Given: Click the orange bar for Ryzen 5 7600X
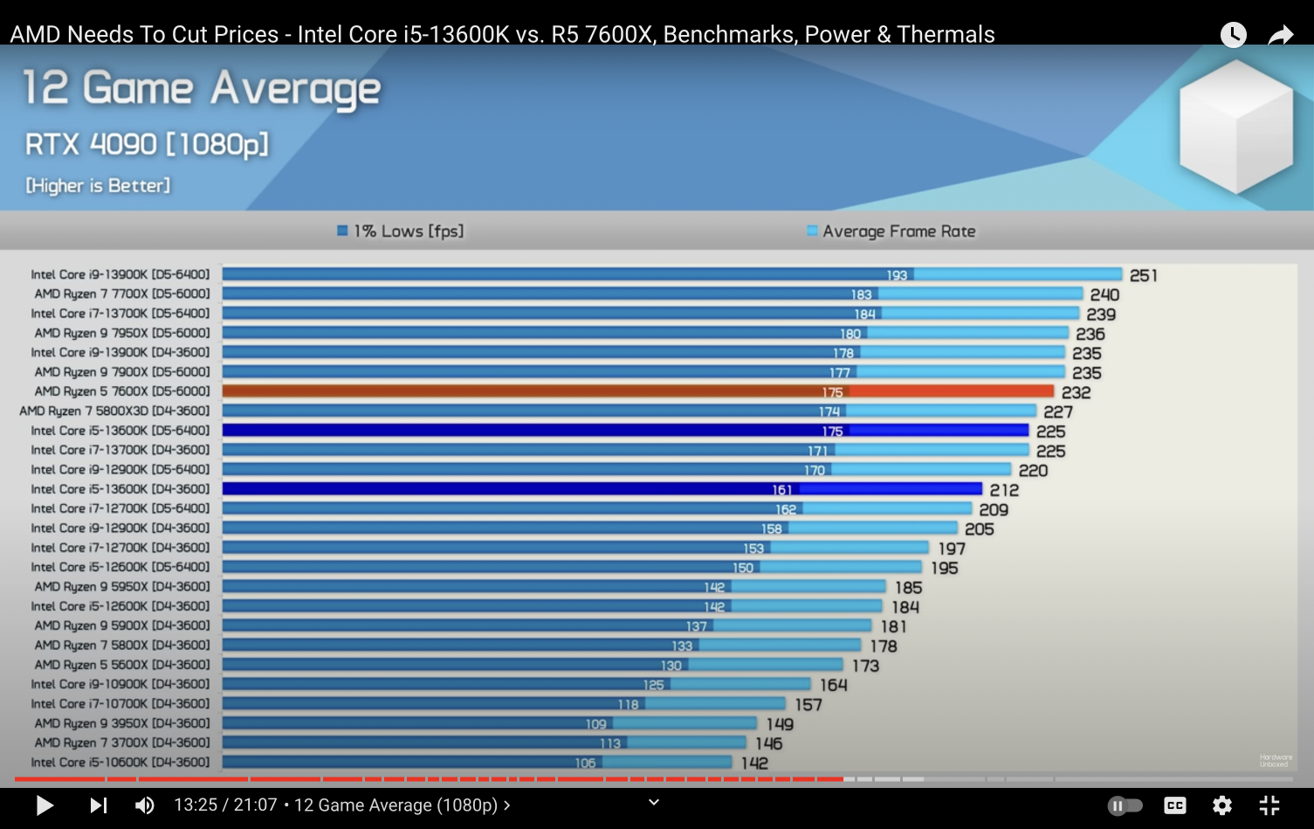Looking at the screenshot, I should (x=637, y=391).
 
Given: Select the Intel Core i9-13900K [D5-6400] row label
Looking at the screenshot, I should (x=120, y=274).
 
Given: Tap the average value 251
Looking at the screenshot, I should (x=1143, y=275).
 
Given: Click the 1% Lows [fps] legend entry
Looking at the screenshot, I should (x=401, y=231).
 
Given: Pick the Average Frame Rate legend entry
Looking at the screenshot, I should (x=891, y=231).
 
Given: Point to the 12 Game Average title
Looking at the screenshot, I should (x=202, y=89).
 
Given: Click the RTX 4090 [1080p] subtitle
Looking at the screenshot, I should (x=147, y=144).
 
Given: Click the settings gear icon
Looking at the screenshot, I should (x=1222, y=805).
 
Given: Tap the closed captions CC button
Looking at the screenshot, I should (x=1175, y=805).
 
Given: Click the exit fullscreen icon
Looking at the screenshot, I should (x=1269, y=805).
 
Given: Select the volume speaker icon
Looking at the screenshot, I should (x=144, y=805).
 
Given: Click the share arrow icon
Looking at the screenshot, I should (x=1280, y=35).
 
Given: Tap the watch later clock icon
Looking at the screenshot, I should (x=1233, y=35).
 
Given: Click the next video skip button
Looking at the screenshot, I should (x=98, y=805).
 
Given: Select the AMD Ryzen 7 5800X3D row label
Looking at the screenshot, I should (x=114, y=411).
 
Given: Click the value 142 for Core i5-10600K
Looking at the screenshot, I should (x=754, y=763).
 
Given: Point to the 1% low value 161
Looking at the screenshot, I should (x=781, y=490).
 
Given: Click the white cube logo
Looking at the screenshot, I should (x=1235, y=127).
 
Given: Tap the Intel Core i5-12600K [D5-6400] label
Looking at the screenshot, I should (x=120, y=567).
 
